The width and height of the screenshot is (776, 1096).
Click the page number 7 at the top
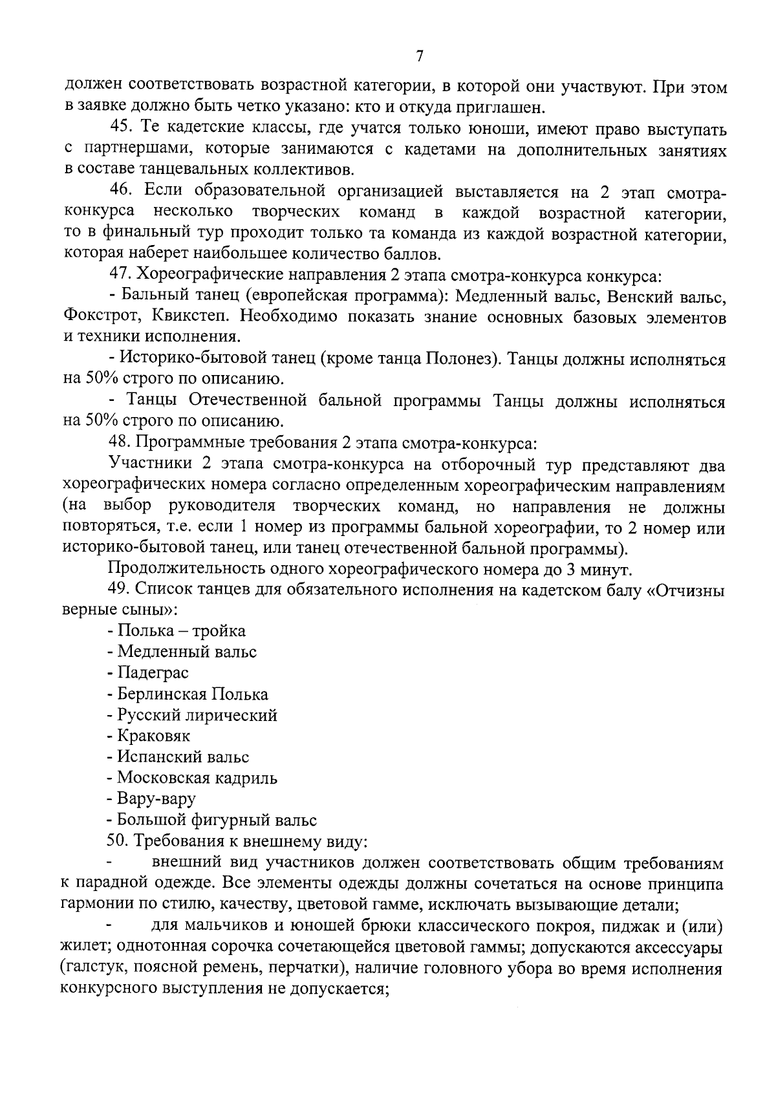419,56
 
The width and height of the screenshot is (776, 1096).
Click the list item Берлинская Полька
188,694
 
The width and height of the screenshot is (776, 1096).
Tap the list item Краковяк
149,736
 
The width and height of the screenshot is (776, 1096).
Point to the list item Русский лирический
192,715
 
